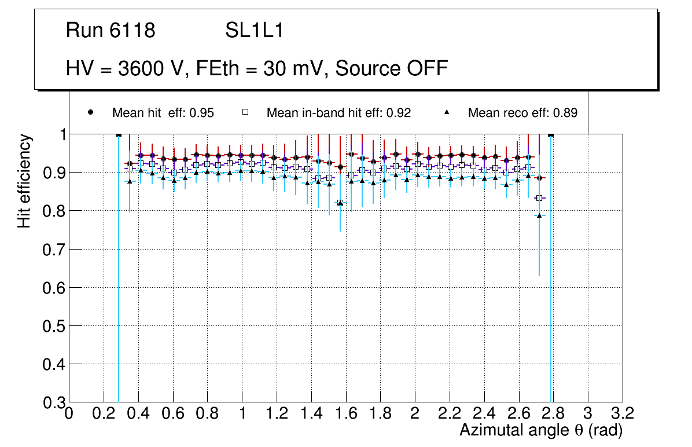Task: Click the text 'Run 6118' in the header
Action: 111,31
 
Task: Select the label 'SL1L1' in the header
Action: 254,31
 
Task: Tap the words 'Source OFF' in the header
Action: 392,68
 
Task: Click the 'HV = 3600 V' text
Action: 126,68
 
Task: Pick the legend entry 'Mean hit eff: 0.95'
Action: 163,113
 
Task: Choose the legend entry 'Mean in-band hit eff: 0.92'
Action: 338,113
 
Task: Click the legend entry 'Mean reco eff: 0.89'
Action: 522,113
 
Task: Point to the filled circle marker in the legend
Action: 91,112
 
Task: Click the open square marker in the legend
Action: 245,112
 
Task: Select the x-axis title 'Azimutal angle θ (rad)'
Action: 541,430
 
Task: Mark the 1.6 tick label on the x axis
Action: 345,414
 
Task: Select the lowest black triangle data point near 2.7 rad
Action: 539,215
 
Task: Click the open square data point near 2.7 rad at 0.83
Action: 539,198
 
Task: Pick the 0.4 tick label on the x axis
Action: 138,414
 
